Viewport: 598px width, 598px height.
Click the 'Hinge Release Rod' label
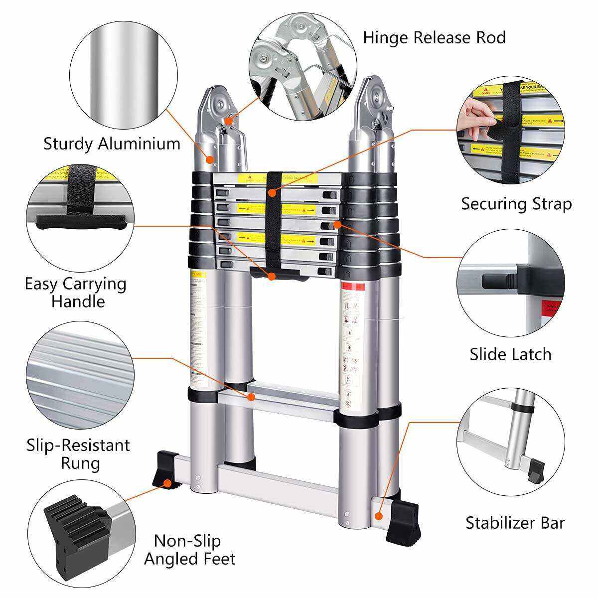434,37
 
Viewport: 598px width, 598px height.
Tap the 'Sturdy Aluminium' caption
112,144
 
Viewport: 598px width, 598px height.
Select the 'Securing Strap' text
516,204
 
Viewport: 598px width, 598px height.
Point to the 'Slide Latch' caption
510,354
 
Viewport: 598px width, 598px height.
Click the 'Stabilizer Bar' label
515,523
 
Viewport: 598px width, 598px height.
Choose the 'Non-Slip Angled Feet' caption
190,550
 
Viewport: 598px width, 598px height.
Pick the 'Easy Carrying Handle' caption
76,293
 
